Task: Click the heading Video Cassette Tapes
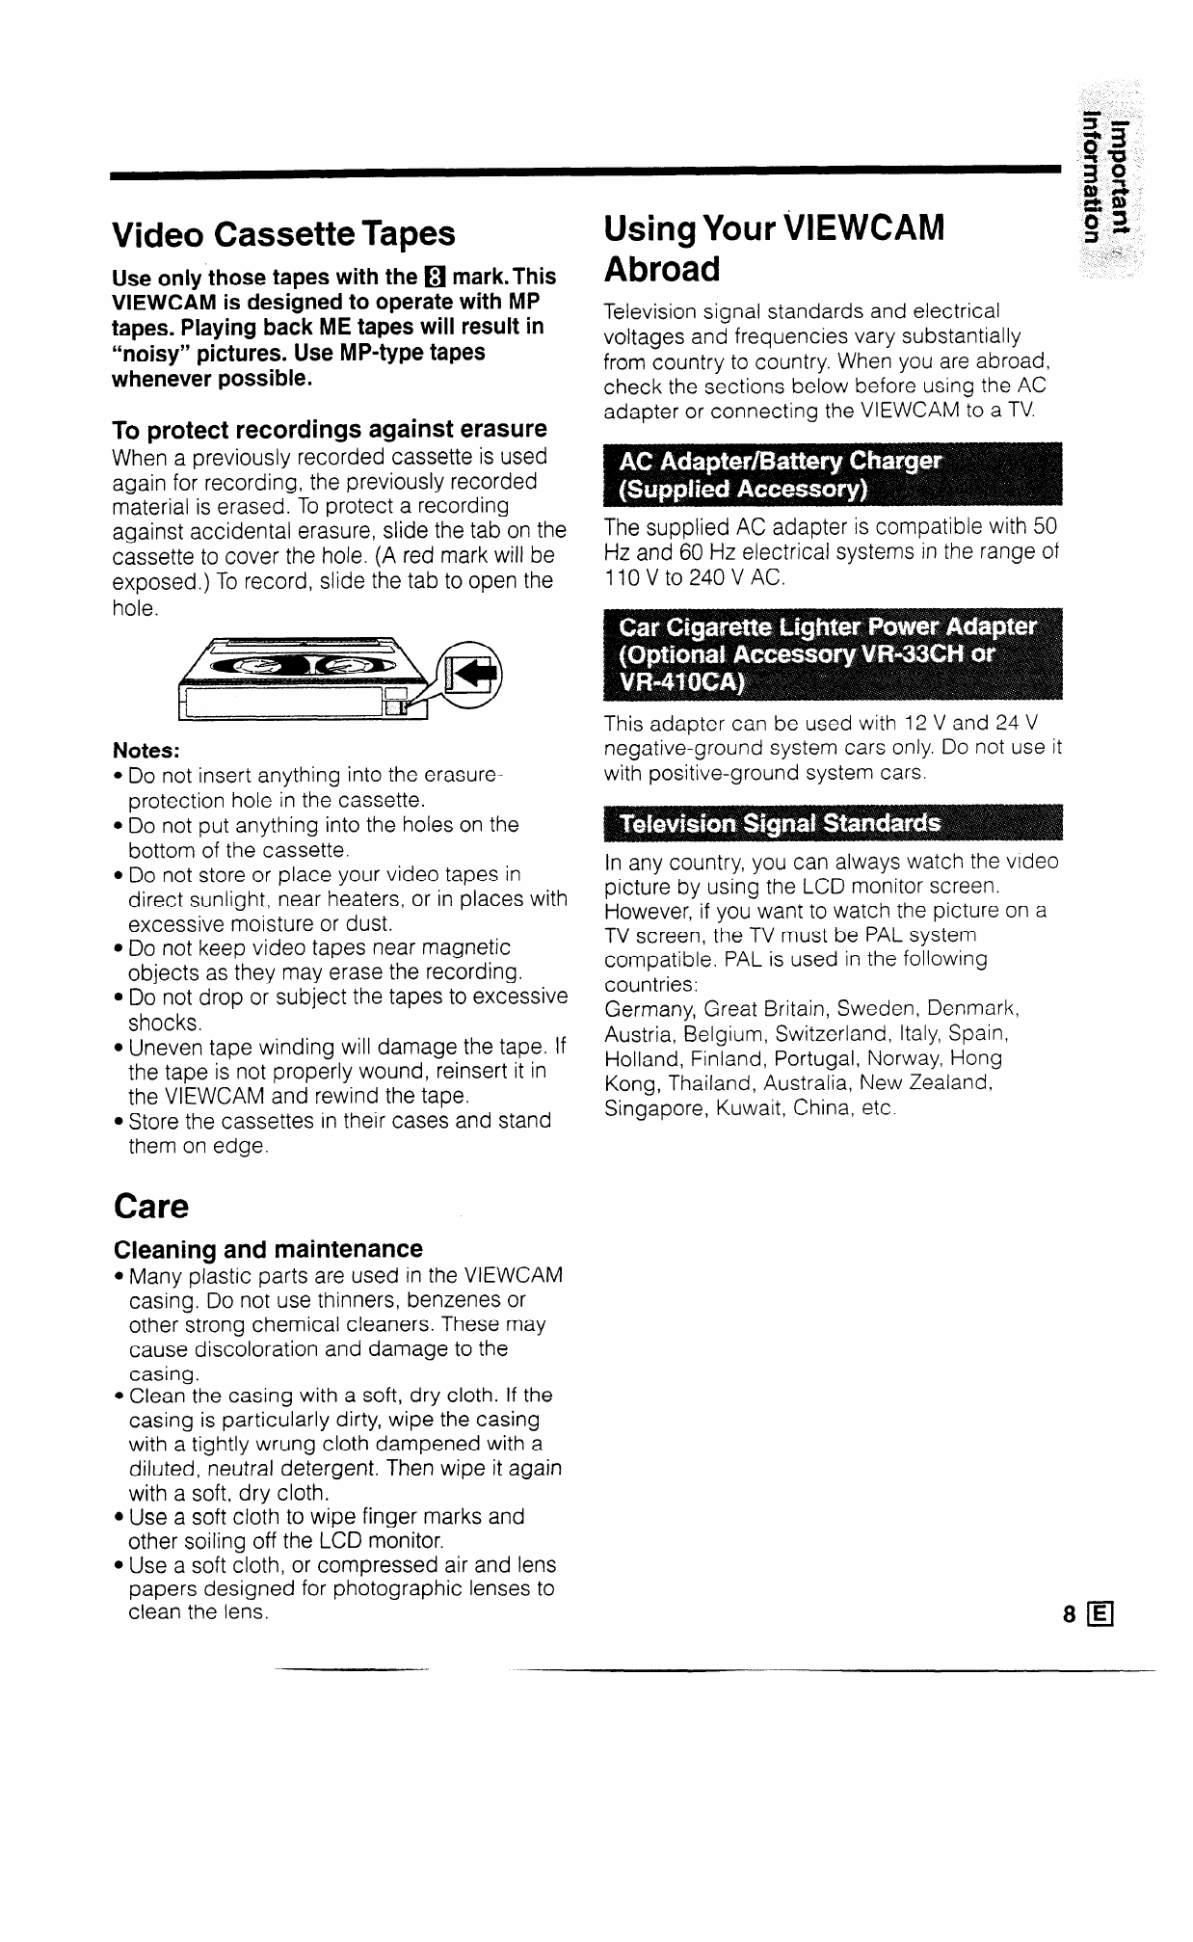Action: coord(283,234)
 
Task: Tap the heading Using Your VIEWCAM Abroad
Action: coord(773,248)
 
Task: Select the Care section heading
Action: coord(150,1206)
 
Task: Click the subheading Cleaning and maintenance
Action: coord(268,1249)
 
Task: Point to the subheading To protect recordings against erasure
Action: coord(330,429)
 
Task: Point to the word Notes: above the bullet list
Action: coord(146,751)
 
